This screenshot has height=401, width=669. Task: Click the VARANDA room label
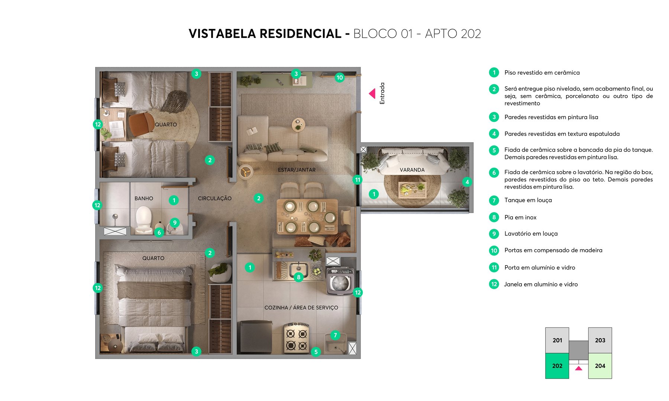point(412,170)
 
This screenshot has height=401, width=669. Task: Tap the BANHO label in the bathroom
point(144,198)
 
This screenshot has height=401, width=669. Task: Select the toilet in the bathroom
point(143,220)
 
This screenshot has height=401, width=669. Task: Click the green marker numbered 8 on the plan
point(298,277)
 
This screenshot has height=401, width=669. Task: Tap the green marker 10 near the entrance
point(339,78)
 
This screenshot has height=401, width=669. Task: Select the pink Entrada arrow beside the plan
point(372,94)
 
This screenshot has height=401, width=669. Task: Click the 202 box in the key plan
point(557,366)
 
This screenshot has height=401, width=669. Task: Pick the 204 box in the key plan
point(600,366)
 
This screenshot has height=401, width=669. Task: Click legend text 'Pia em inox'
point(520,217)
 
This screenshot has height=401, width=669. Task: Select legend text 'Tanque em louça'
point(528,200)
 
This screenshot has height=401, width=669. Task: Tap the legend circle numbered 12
point(494,284)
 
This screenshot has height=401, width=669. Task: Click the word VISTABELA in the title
point(222,34)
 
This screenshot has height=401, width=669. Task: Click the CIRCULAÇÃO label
point(214,198)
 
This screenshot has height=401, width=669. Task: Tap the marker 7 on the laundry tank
point(335,335)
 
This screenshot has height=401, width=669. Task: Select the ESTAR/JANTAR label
point(297,170)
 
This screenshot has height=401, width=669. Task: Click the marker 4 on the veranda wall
point(467,182)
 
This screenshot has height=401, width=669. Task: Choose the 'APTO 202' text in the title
point(453,34)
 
